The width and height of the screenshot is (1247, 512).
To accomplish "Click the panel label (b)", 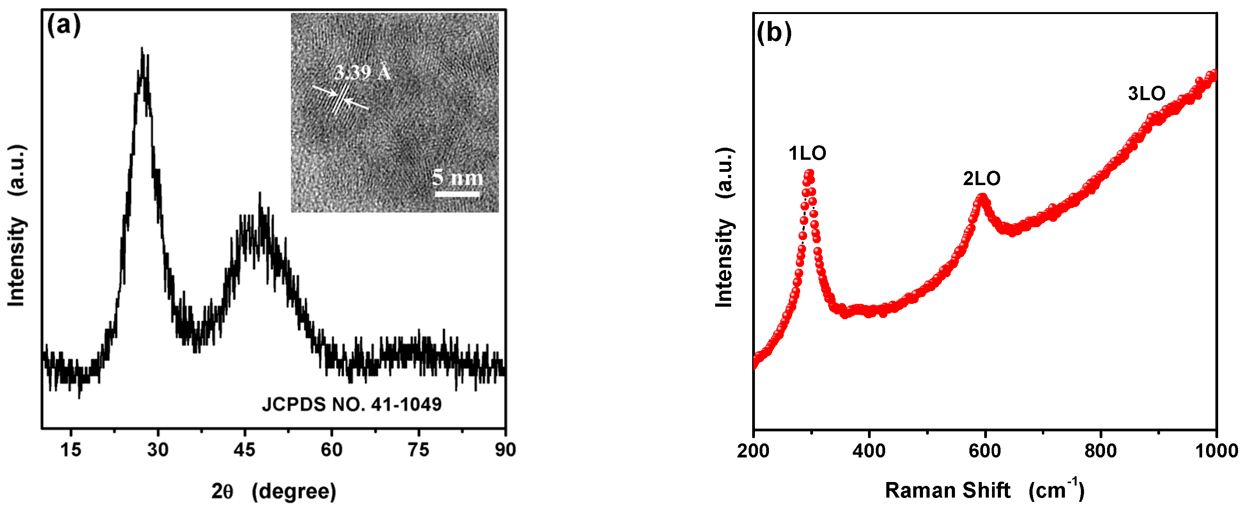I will [x=774, y=33].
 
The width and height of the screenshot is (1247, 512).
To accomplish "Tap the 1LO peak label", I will [x=807, y=154].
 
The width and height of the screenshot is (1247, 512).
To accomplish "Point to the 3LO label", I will [x=1146, y=94].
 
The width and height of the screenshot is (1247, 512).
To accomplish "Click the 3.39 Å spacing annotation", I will [x=362, y=72].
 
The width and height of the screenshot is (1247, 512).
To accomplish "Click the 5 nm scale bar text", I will [x=457, y=178].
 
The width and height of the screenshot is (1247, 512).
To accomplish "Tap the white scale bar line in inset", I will [x=457, y=194].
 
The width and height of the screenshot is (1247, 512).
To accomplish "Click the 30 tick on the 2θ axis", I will [x=158, y=450].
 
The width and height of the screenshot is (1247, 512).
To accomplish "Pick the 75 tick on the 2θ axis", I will [x=418, y=450].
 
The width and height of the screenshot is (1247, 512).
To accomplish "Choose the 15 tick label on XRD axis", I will [x=71, y=450].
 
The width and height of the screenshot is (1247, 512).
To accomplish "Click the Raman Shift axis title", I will [x=984, y=490].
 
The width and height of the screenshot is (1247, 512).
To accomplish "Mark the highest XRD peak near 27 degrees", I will [x=142, y=48].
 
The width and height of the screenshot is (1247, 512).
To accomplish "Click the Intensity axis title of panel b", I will [x=724, y=228].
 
